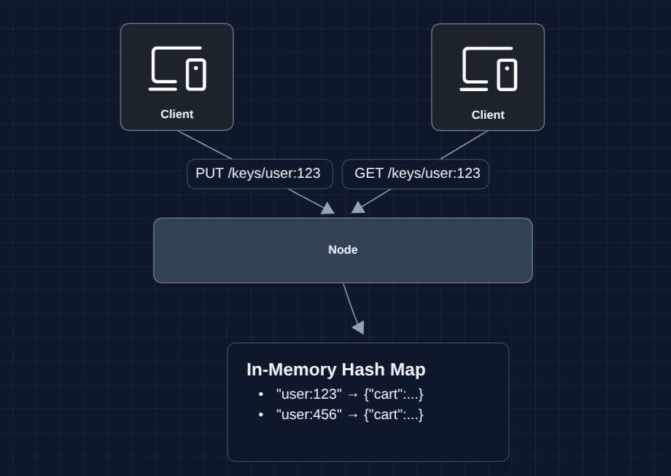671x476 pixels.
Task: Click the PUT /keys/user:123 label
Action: pos(258,173)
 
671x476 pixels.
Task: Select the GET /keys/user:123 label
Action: pos(417,173)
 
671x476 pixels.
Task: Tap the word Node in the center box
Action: pos(343,250)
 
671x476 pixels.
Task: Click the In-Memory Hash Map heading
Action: pos(335,370)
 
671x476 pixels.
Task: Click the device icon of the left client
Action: pos(177,69)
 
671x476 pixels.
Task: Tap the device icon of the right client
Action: pos(488,69)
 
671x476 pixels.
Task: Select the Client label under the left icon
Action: pos(177,114)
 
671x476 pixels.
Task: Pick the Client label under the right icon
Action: pos(488,115)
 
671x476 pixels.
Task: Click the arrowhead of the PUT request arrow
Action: pos(328,208)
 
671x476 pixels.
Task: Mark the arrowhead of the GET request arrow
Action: pos(358,208)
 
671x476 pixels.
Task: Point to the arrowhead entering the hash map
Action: pos(358,327)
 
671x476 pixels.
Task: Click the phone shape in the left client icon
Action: pos(195,74)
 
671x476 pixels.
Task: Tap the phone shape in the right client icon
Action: pos(507,75)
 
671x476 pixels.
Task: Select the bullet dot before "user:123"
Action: pos(261,394)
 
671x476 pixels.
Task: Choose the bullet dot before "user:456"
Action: pos(261,415)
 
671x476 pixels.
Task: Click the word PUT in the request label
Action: pos(209,173)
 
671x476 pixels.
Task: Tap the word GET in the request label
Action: pos(369,173)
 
